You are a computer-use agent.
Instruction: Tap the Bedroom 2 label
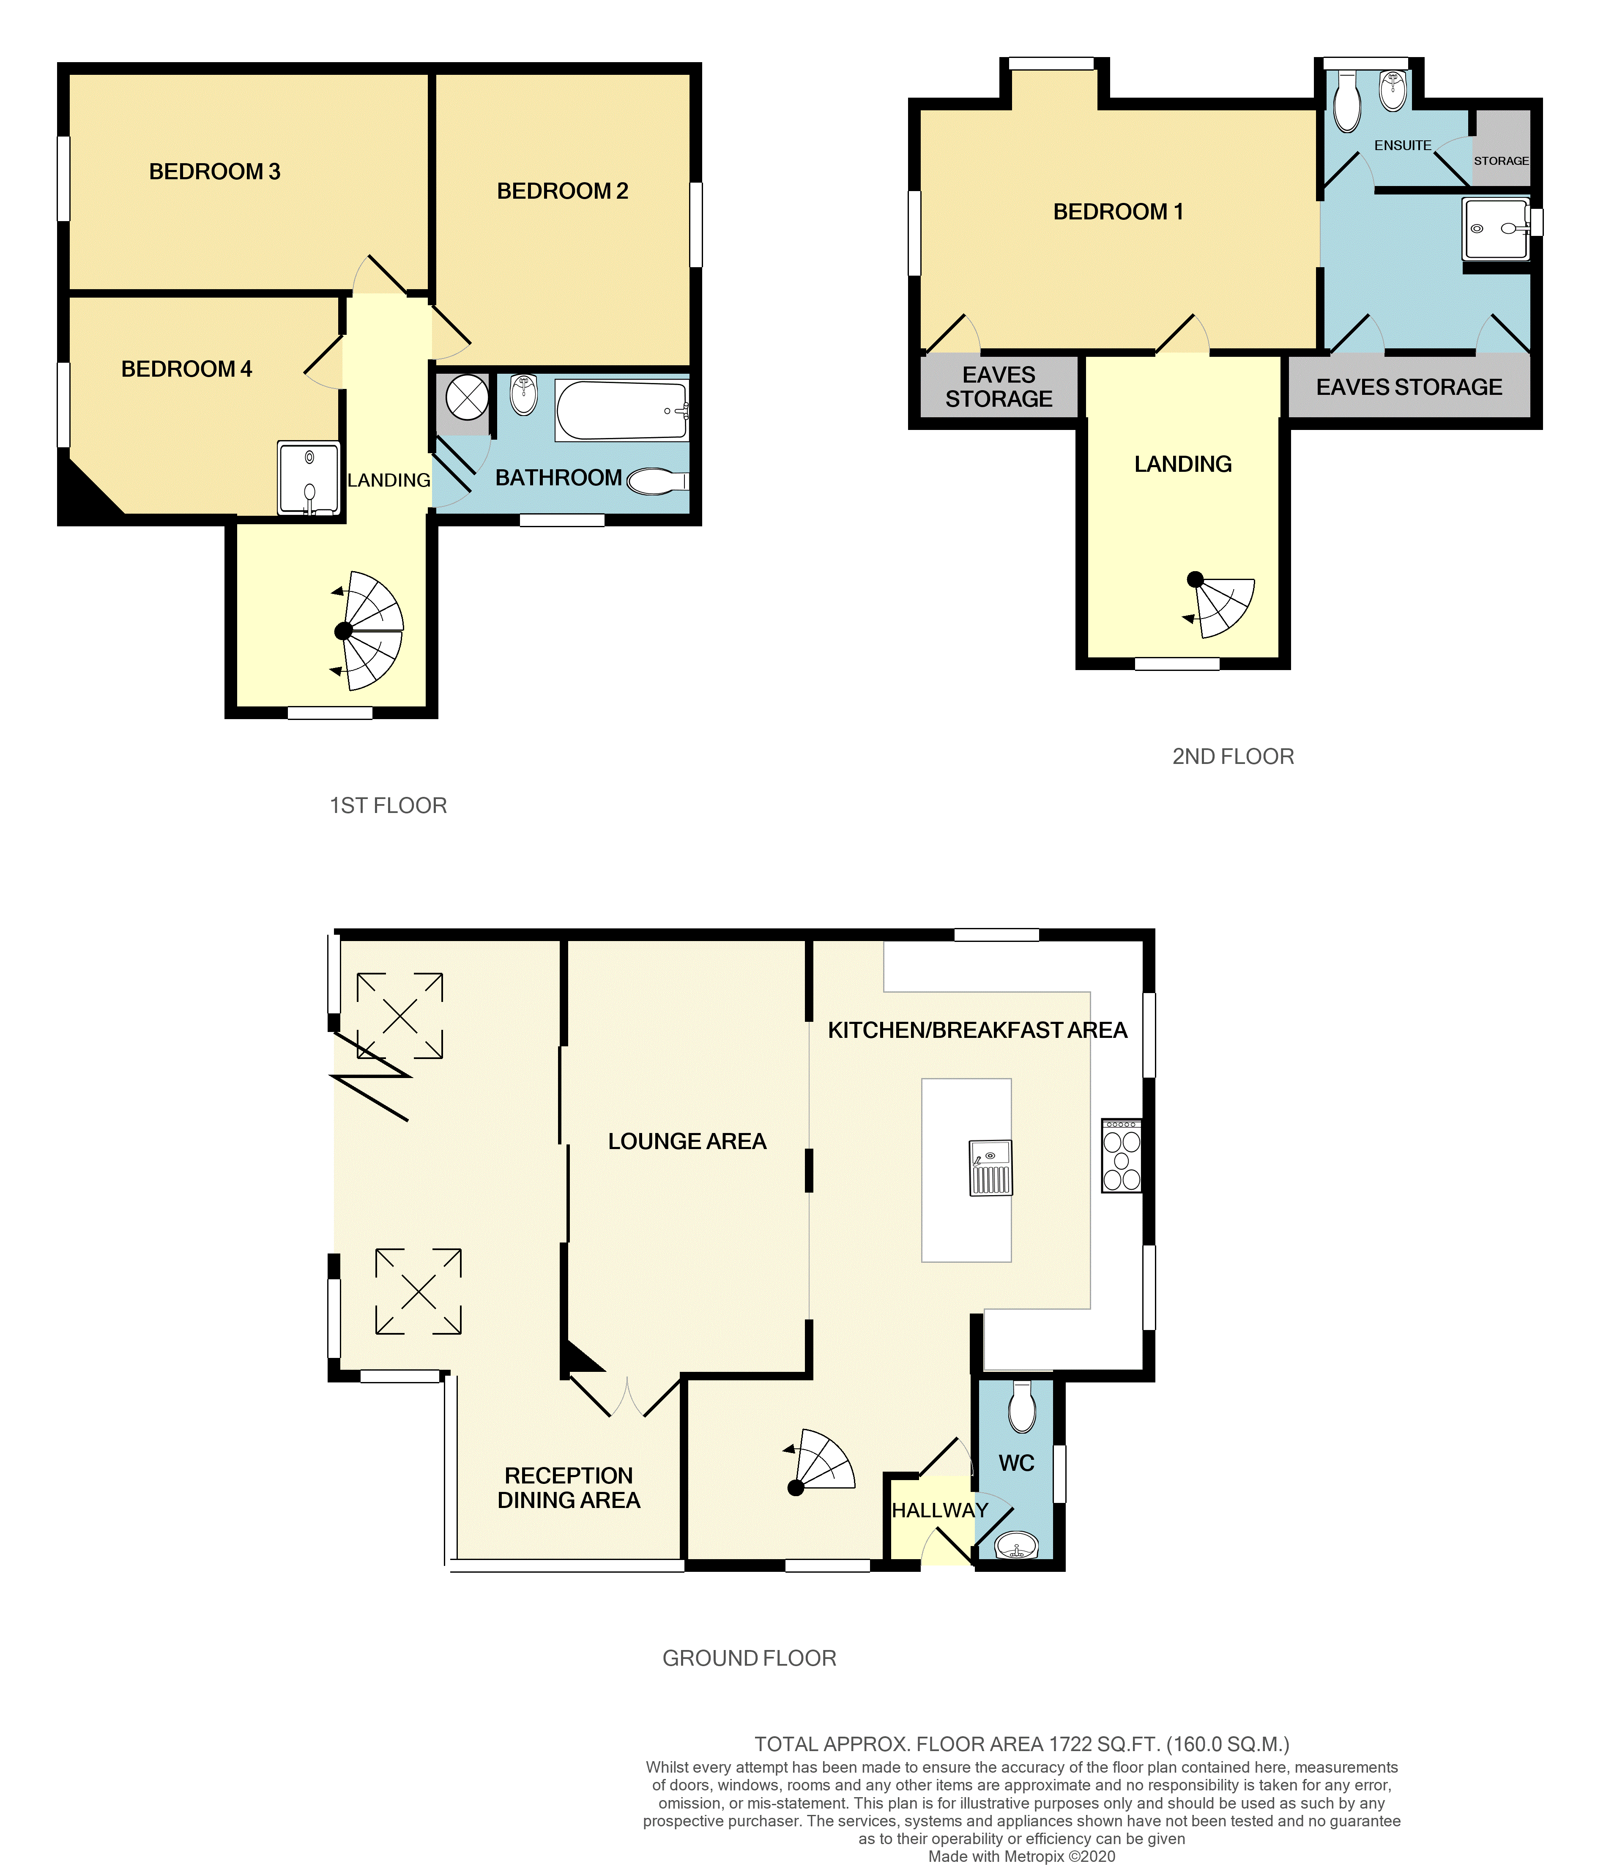coord(562,192)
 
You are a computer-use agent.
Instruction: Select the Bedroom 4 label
coord(186,369)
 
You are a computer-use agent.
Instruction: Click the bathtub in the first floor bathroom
coord(621,410)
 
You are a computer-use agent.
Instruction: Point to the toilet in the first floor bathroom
coord(655,482)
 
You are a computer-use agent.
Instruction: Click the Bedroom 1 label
coord(1117,212)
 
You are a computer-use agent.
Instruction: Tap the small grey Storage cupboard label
coord(1500,161)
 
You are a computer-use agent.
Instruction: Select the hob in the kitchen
coord(1121,1155)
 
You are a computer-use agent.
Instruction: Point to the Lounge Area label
coord(687,1142)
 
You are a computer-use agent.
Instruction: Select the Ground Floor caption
coord(749,1658)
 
